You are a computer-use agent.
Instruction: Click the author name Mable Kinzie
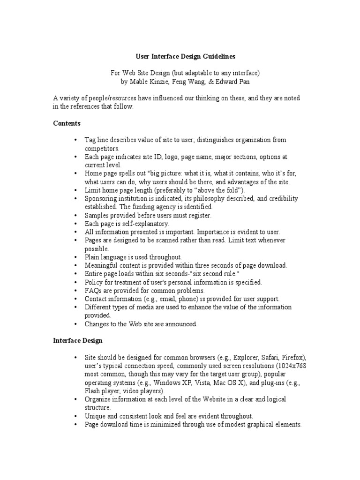point(147,81)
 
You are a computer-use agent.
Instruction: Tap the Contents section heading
point(67,124)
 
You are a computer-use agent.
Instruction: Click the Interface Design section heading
point(77,341)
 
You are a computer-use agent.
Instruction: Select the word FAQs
point(93,291)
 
